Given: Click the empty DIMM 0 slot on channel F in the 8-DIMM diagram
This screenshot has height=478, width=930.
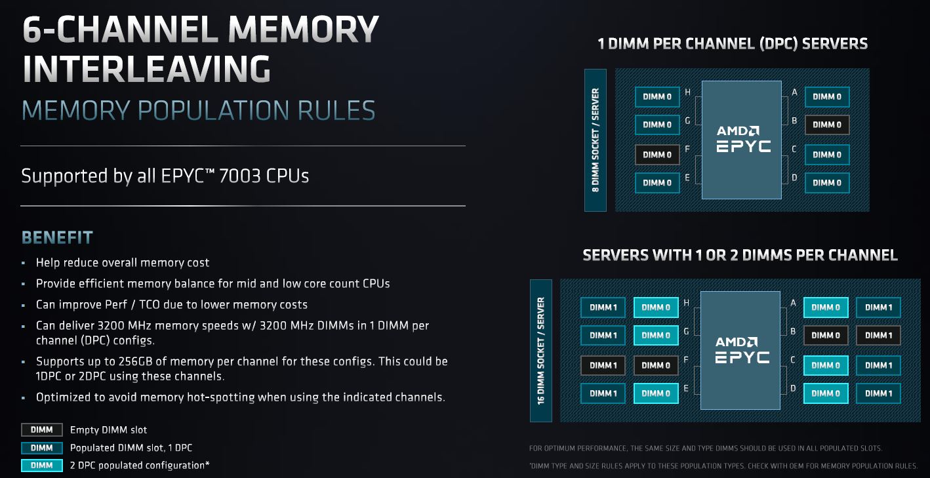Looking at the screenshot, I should click(657, 155).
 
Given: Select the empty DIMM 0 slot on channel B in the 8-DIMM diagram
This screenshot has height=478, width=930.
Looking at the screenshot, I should click(827, 125).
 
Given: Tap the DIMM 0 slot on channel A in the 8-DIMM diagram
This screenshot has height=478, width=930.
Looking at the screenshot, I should click(827, 96).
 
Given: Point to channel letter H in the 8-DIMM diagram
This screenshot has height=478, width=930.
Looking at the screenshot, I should click(687, 92).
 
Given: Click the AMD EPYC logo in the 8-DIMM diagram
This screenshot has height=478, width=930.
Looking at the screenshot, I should click(742, 139).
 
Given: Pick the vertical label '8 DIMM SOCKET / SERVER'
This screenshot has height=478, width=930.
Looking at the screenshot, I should click(596, 140).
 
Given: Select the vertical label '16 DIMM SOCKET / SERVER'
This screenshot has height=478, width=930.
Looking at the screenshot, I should click(541, 350).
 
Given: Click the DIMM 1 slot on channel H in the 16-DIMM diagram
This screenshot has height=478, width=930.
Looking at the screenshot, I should click(603, 307).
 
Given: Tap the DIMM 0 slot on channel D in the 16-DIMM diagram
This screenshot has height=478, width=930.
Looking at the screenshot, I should click(826, 393).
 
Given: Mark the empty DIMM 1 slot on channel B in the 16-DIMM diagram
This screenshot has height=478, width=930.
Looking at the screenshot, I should click(878, 335).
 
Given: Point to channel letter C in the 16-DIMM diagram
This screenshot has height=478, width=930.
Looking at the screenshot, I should click(793, 359).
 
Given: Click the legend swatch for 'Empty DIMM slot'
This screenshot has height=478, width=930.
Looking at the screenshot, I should click(42, 430).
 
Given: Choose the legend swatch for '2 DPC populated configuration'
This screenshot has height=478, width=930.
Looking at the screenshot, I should click(42, 466).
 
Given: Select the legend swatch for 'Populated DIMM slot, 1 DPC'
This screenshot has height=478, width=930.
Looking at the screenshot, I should click(42, 448).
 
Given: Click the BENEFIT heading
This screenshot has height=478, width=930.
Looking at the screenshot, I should click(58, 237).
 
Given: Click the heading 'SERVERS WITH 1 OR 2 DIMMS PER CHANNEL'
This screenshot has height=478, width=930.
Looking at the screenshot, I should click(740, 255).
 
